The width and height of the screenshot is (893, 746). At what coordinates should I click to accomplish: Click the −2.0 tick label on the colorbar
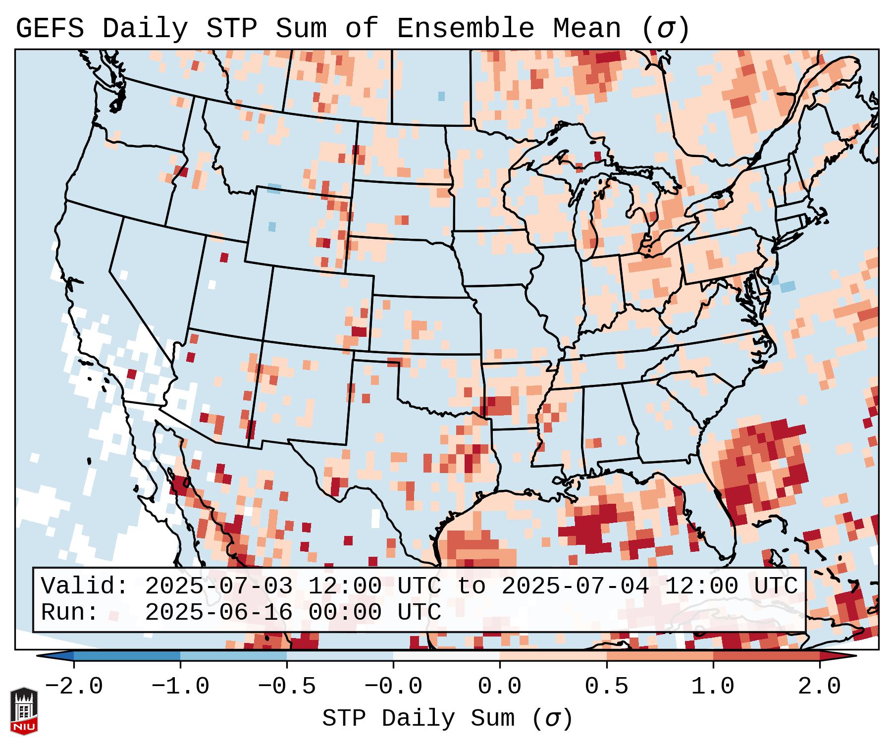click(x=74, y=687)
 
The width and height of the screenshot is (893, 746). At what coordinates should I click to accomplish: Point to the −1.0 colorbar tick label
click(x=180, y=687)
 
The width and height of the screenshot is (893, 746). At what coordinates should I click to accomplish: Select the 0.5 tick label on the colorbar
click(x=607, y=687)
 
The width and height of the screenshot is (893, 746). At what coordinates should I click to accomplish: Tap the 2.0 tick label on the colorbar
click(x=820, y=687)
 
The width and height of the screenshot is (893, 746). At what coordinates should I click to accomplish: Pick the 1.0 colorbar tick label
click(x=713, y=687)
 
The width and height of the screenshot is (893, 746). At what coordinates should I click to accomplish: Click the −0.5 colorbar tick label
click(x=287, y=687)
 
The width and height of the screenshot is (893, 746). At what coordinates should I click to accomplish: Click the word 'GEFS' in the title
click(x=50, y=29)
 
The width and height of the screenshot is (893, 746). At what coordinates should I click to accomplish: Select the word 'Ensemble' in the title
click(x=466, y=29)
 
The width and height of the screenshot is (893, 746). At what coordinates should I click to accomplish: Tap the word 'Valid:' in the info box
click(x=85, y=586)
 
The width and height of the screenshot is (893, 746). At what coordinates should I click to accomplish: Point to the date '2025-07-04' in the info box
click(x=575, y=586)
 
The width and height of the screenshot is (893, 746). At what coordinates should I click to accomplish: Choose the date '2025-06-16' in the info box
click(x=218, y=612)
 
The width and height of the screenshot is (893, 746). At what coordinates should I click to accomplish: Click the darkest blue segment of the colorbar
click(x=127, y=656)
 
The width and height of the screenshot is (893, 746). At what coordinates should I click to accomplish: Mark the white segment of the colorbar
click(x=447, y=656)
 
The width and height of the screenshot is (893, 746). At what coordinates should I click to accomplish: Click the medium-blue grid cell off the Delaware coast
click(x=788, y=286)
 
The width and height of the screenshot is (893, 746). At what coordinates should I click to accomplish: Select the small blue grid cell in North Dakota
click(x=441, y=96)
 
